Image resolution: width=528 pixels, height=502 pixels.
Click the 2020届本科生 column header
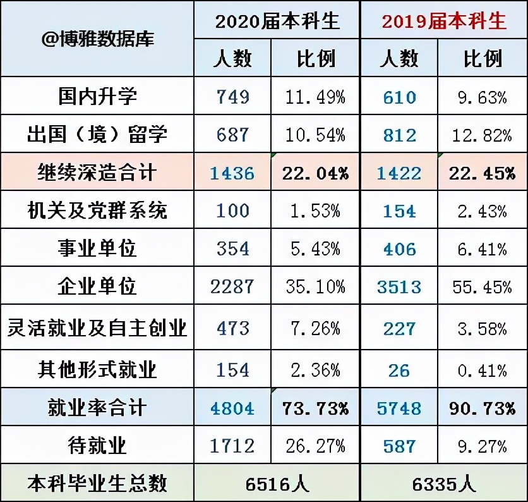click(277, 21)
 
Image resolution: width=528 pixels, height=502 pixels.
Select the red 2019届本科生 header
click(444, 21)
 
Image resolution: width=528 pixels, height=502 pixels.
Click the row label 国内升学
click(97, 97)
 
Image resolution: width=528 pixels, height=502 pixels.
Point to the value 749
click(232, 97)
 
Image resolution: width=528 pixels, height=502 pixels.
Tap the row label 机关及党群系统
click(97, 211)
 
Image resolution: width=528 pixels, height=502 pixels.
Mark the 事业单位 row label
click(97, 248)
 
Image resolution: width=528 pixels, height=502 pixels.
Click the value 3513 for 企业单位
click(399, 286)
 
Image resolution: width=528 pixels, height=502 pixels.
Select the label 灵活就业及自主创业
click(97, 328)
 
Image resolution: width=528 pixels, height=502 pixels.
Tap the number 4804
click(232, 408)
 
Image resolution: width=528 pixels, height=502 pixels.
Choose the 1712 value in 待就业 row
click(232, 446)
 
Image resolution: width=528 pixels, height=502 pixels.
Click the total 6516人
click(277, 484)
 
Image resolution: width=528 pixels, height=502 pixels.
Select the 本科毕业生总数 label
click(97, 484)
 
